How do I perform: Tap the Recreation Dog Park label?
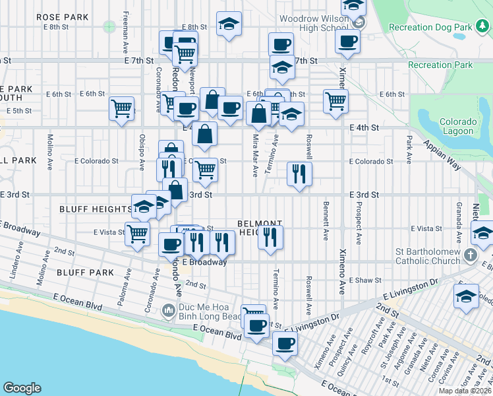pos(440,27)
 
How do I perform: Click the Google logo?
pos(22,388)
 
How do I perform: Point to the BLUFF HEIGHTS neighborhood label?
pos(96,209)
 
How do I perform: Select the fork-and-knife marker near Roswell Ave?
pos(299,174)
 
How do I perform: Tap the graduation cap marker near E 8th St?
pos(229,24)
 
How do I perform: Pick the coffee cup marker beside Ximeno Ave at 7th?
pos(347,42)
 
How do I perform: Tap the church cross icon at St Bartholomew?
pos(470,254)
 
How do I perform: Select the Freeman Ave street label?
pos(125,36)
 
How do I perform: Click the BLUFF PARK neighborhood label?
pos(85,272)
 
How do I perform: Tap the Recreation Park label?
pos(440,65)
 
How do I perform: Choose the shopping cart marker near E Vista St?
pos(137,233)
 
